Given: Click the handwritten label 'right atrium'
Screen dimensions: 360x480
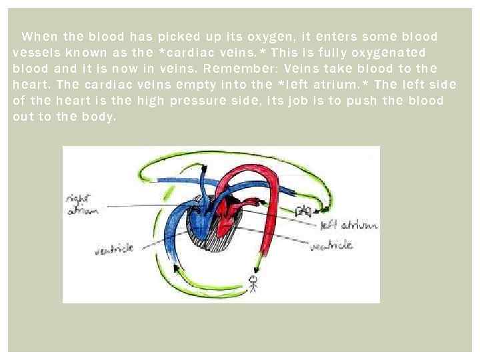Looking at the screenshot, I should point(83,205).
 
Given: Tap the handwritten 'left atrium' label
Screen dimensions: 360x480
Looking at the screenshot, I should point(349,225).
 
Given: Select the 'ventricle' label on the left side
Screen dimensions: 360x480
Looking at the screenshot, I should point(114,249).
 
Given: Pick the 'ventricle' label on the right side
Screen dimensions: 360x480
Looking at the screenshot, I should point(331,245).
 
